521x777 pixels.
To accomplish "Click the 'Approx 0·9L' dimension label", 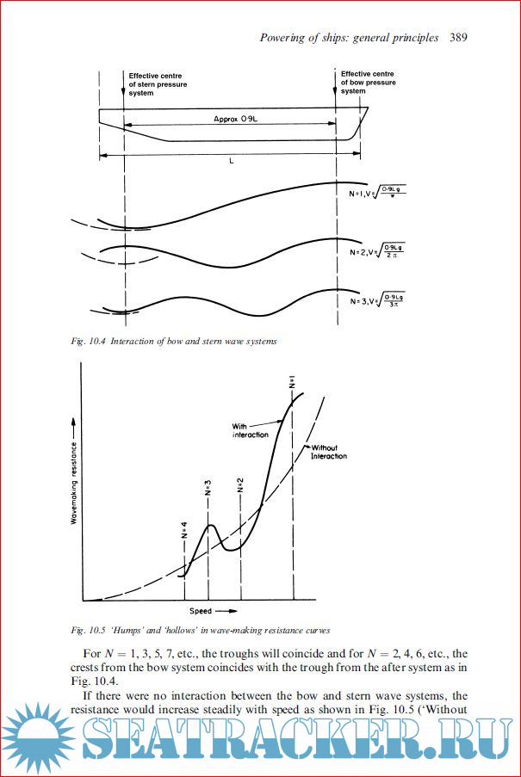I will [238, 120].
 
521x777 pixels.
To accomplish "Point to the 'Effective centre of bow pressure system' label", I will [369, 83].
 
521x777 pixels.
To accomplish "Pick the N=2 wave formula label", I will [377, 252].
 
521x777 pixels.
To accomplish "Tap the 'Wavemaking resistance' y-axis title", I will [74, 473].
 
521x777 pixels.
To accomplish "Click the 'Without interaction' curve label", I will [328, 452].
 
